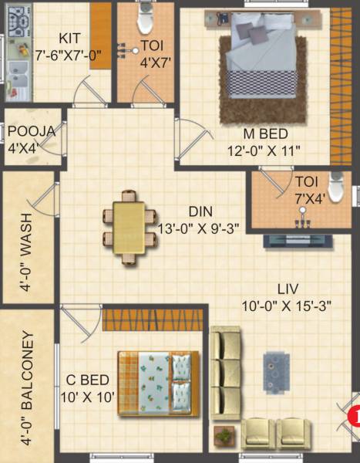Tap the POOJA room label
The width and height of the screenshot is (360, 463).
pyautogui.click(x=32, y=131)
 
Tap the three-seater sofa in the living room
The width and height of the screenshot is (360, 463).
pyautogui.click(x=227, y=371)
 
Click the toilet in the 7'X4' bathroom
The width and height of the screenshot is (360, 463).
pyautogui.click(x=336, y=187)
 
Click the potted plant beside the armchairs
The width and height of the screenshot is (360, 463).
pyautogui.click(x=224, y=437)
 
